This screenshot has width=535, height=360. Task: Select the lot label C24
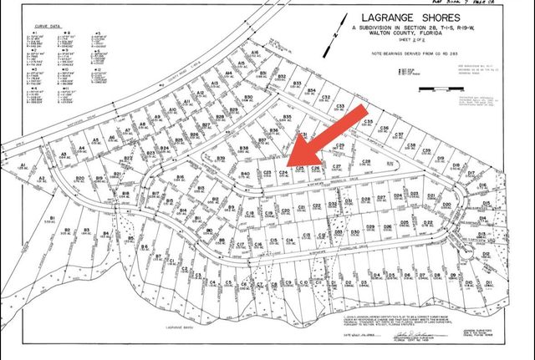click(x=283, y=170)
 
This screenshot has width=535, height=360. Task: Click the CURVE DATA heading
click(x=42, y=27)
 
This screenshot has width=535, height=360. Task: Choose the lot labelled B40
click(x=246, y=173)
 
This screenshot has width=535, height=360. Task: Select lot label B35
click(x=287, y=117)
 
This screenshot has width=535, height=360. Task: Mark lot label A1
click(x=24, y=155)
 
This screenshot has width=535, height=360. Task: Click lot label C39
click(x=426, y=151)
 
